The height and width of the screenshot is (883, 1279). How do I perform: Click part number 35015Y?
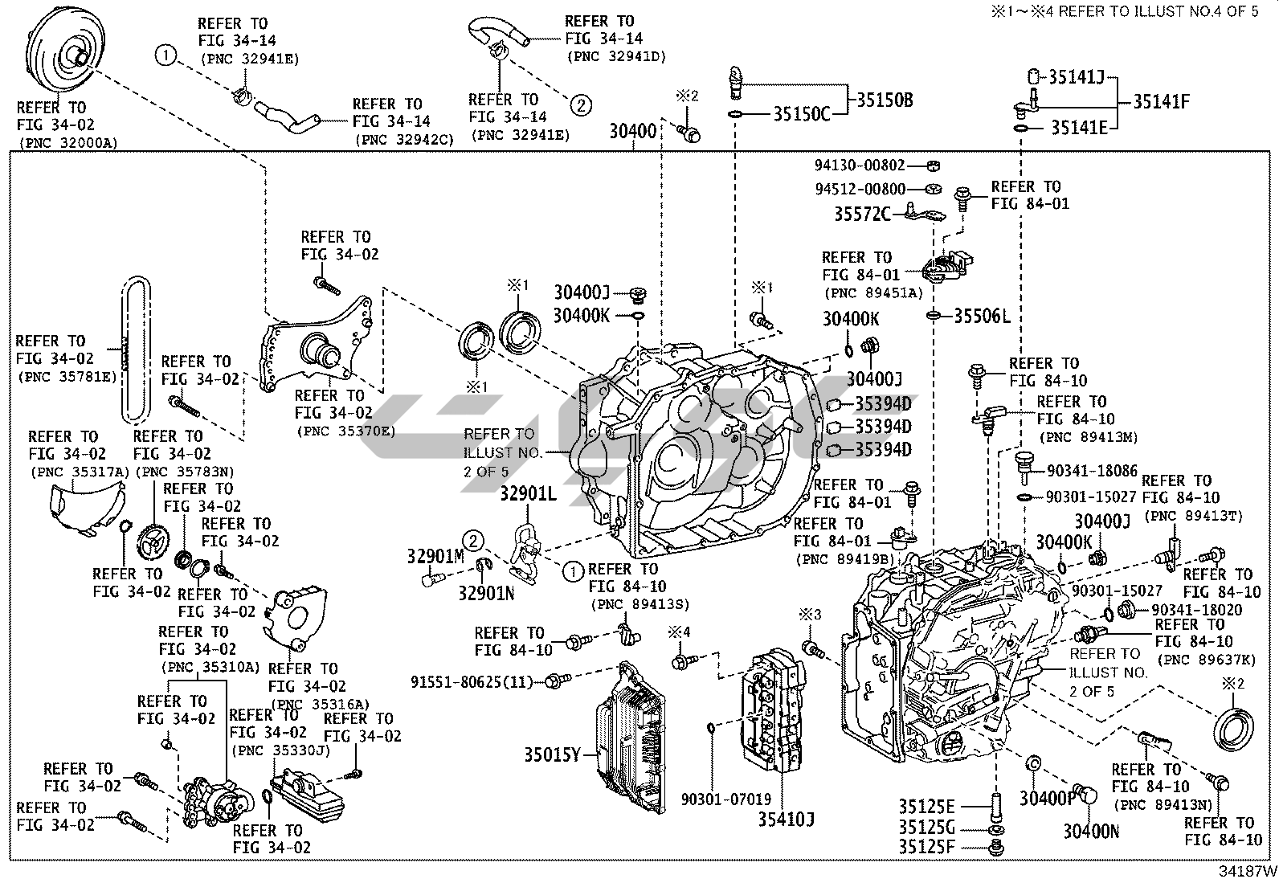[x=552, y=754]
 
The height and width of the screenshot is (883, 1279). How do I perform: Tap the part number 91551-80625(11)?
[x=472, y=682]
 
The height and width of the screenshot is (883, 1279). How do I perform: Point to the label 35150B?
[x=884, y=100]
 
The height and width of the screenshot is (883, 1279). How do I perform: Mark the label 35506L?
[x=982, y=316]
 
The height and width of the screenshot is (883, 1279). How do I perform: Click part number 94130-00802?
[x=860, y=166]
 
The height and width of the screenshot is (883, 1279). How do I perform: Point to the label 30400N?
[x=1091, y=832]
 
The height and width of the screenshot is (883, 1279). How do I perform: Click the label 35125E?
[x=926, y=806]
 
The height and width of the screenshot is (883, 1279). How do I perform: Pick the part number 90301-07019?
[x=725, y=799]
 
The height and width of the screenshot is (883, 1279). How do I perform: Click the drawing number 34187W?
[x=1247, y=871]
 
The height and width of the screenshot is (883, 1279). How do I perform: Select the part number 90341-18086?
[x=1092, y=471]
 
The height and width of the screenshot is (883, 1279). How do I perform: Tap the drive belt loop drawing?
[x=137, y=350]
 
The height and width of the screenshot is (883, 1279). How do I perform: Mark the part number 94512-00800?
[x=860, y=190]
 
